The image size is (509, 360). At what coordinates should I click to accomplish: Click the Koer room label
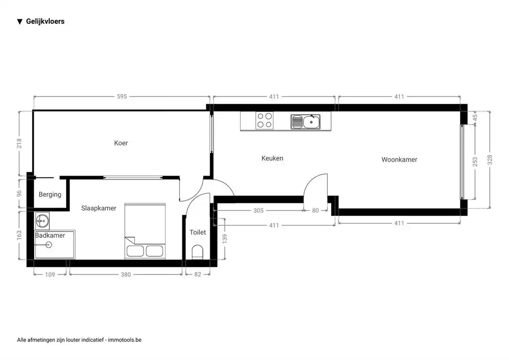click(121, 143)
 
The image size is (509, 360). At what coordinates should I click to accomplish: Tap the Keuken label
click(272, 158)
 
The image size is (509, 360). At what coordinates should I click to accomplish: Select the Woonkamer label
click(399, 160)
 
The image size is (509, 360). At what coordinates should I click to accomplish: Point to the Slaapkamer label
click(99, 208)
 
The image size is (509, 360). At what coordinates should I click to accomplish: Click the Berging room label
click(50, 194)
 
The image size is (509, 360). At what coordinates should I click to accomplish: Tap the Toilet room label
click(198, 232)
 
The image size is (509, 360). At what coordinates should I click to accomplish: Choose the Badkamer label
click(50, 235)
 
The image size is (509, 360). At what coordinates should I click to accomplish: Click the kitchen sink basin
click(311, 122)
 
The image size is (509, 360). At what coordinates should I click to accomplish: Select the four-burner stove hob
click(264, 120)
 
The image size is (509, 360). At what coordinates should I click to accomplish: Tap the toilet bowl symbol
click(197, 252)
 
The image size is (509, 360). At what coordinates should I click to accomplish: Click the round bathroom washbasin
click(42, 221)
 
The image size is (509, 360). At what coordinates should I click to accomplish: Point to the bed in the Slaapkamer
click(145, 231)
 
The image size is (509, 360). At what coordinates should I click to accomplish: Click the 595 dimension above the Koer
click(122, 96)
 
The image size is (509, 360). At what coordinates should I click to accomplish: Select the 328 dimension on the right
click(490, 160)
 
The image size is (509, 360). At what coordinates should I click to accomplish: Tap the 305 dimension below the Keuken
click(258, 210)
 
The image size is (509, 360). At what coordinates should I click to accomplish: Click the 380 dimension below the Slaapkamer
click(126, 274)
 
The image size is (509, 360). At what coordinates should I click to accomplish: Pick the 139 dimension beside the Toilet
click(225, 239)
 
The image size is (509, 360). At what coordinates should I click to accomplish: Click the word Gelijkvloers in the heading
click(45, 21)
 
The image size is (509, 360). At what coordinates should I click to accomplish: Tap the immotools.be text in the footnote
click(125, 340)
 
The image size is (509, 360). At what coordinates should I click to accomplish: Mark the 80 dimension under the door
click(315, 210)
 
